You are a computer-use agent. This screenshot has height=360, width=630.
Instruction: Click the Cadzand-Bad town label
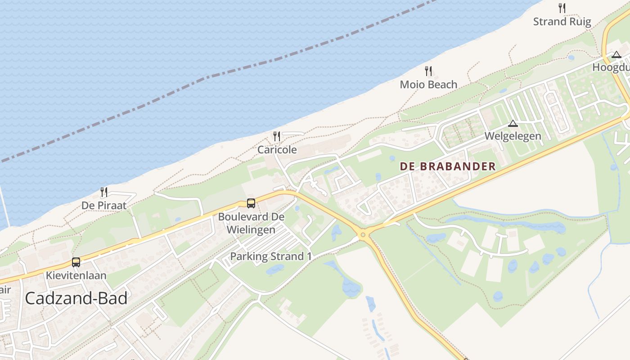[x=76, y=298]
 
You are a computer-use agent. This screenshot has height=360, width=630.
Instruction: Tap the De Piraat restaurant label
[x=104, y=206]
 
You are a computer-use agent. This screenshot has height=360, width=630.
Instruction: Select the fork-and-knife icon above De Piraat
[x=104, y=192]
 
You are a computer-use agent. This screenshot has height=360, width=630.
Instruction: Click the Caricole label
[x=277, y=150]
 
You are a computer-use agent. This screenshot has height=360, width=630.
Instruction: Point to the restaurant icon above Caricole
[x=277, y=136]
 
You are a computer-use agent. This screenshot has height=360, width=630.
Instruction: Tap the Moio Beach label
[x=428, y=85]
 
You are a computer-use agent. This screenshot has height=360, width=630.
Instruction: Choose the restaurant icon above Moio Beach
[x=428, y=71]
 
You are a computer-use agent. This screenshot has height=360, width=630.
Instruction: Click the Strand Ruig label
[x=562, y=22]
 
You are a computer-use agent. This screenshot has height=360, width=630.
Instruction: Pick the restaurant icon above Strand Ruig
[x=562, y=8]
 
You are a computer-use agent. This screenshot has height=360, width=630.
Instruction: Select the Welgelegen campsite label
[x=513, y=136]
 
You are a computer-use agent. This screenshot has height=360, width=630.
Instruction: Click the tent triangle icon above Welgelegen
[x=513, y=123]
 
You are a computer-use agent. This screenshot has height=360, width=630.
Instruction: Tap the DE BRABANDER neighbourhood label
[x=448, y=166]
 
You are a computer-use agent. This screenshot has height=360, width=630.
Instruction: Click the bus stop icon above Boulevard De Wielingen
[x=251, y=203]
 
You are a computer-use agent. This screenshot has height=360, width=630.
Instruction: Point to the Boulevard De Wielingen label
[x=251, y=223]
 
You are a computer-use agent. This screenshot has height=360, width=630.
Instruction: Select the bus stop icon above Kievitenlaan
[x=76, y=262]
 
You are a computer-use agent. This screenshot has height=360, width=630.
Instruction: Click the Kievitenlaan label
[x=76, y=275]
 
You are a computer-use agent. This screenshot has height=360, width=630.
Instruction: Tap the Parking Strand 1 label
[x=271, y=256]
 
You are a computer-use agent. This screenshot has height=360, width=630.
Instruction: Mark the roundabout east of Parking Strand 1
[x=363, y=234]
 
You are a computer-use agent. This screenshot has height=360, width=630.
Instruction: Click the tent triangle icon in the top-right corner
[x=616, y=55]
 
